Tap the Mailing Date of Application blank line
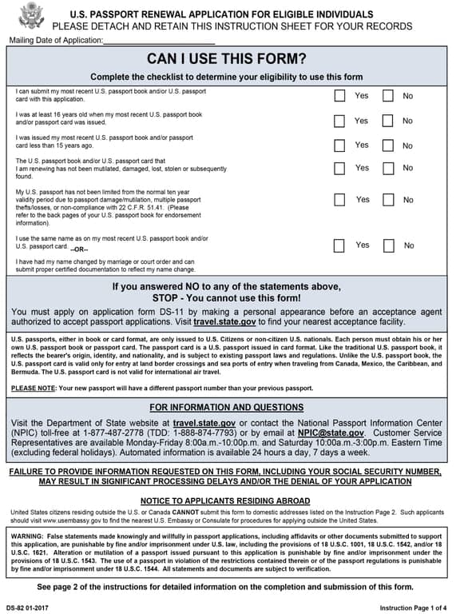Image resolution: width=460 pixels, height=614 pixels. (159, 40)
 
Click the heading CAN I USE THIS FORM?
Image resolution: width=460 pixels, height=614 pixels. (226, 59)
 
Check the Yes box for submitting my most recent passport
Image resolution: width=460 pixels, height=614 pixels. (339, 96)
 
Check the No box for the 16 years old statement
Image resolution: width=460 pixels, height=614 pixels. (388, 122)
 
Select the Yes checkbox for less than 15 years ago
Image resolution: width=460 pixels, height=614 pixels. (339, 146)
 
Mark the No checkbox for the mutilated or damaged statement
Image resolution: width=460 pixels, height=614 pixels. (388, 169)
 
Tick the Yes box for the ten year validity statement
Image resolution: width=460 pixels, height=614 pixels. (340, 200)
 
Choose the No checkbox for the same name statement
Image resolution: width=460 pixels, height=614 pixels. (389, 245)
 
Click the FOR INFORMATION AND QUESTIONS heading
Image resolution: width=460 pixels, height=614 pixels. (226, 408)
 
